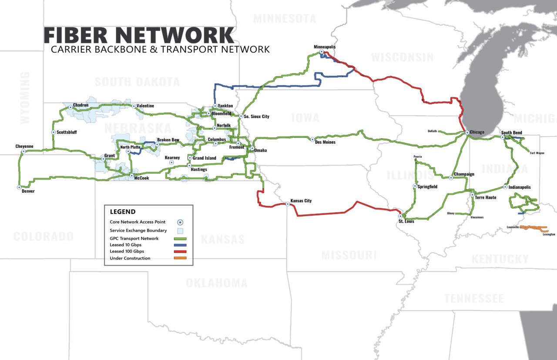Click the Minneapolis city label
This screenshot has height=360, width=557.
[x=325, y=47]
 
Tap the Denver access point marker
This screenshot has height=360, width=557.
[x=19, y=187]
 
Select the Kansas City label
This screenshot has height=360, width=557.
[x=301, y=201]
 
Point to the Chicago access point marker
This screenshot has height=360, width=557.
[x=466, y=132]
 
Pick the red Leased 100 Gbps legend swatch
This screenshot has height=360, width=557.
[x=180, y=251]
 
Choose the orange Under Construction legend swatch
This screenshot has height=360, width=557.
[x=180, y=258]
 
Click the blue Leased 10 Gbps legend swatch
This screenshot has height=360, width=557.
[x=180, y=245]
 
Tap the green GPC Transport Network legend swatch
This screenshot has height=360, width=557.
[x=180, y=238]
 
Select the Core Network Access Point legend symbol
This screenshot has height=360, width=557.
[x=180, y=222]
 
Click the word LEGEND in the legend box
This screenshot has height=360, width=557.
[x=122, y=212]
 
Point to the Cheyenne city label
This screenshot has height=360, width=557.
[x=24, y=147]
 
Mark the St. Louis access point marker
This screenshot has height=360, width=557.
[x=400, y=216]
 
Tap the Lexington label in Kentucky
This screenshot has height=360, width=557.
[x=549, y=234]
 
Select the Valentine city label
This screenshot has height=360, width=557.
[x=145, y=106]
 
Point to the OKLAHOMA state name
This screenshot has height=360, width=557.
[x=216, y=283]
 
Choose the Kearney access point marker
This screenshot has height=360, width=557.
[x=171, y=163]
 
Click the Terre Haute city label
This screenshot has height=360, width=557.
[x=486, y=197]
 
